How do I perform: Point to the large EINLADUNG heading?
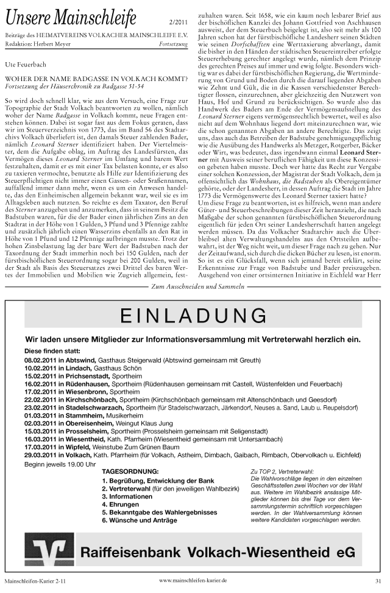[193, 315]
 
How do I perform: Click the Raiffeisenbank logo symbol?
[49, 552]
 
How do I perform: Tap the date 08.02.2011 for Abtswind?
[40, 361]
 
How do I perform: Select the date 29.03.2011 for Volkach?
[40, 455]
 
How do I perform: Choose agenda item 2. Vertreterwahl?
[130, 488]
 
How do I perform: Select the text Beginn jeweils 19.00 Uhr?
[60, 464]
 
